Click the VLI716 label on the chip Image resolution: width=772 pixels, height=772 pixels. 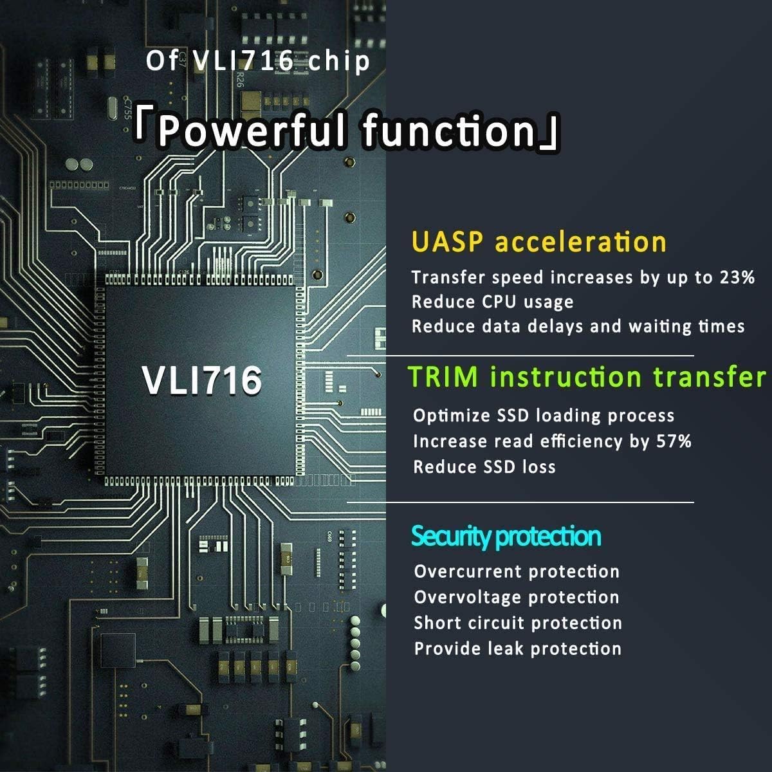(202, 380)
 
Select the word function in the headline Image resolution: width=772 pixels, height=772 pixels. (449, 129)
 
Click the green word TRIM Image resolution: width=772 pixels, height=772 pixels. (443, 377)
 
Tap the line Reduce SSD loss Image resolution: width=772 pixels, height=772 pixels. (484, 466)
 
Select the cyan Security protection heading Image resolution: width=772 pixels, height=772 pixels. (506, 536)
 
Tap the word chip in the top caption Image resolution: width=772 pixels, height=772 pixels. (339, 62)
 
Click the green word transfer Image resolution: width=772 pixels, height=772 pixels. (709, 377)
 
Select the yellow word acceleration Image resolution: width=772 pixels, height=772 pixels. (580, 243)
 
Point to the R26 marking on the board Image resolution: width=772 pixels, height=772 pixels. (239, 79)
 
